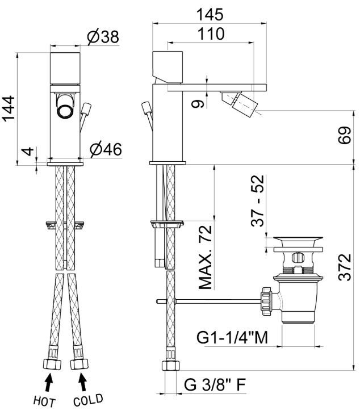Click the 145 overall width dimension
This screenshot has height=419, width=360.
(x=210, y=14)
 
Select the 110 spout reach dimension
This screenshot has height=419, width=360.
(x=211, y=34)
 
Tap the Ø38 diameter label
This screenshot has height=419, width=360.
(x=103, y=36)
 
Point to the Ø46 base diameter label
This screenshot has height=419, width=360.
(x=106, y=149)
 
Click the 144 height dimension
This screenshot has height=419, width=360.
(x=9, y=108)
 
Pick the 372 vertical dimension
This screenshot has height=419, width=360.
(x=345, y=267)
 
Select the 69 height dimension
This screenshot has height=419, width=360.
(x=345, y=135)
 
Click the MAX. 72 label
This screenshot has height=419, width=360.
(x=206, y=258)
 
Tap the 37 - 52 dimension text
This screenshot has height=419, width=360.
(x=258, y=200)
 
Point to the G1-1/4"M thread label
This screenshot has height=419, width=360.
(x=232, y=337)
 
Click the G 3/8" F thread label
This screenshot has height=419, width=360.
(x=215, y=385)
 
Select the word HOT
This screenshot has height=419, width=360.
(x=44, y=401)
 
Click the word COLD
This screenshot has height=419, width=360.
(x=88, y=400)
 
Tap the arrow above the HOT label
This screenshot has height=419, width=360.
(x=48, y=383)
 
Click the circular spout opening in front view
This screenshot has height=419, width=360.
(x=65, y=110)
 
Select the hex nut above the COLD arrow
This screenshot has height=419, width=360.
(x=79, y=364)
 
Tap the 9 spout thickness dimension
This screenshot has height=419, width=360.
(x=198, y=103)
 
